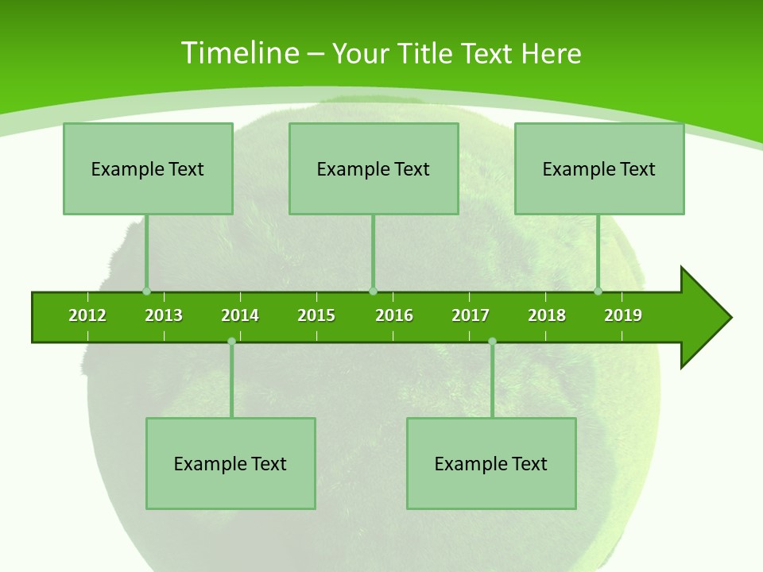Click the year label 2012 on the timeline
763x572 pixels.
(x=87, y=315)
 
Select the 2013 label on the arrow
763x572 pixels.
(x=164, y=315)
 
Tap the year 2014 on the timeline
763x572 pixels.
(x=240, y=315)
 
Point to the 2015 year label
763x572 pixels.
(x=316, y=315)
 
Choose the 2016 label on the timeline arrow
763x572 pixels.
(x=394, y=315)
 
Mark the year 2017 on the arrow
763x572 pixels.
(x=471, y=315)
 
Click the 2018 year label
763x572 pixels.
(x=547, y=315)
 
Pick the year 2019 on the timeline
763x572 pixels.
(x=623, y=315)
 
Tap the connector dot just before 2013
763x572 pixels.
(x=146, y=291)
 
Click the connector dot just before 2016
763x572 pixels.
(x=373, y=291)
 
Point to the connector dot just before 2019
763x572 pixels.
(x=598, y=291)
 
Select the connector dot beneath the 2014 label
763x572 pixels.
(x=231, y=341)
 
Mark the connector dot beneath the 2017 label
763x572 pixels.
(x=492, y=341)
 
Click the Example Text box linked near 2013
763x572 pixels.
(x=148, y=168)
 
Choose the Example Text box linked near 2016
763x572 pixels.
(x=374, y=168)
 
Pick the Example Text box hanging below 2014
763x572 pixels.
(x=230, y=463)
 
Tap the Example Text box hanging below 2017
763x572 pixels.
(x=491, y=463)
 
